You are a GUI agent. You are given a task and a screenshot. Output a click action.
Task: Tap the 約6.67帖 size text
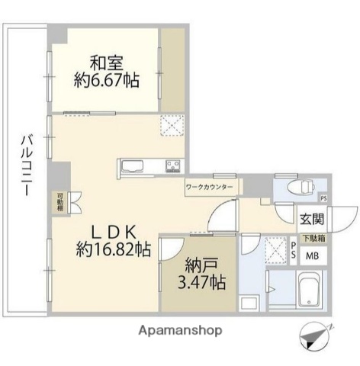point(107,79)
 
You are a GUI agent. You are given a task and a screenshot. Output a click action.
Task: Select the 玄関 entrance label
point(310,220)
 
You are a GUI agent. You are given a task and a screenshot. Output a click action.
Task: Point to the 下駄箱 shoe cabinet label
point(312,238)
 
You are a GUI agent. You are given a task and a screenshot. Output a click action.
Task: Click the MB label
point(313,255)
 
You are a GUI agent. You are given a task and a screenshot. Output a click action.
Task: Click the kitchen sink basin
point(130,166)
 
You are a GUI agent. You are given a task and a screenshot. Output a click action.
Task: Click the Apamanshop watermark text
point(181,331)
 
